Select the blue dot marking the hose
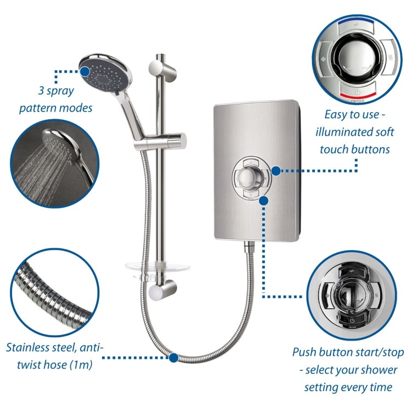[174, 358]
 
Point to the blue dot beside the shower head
[84, 71]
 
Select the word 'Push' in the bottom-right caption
[305, 352]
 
